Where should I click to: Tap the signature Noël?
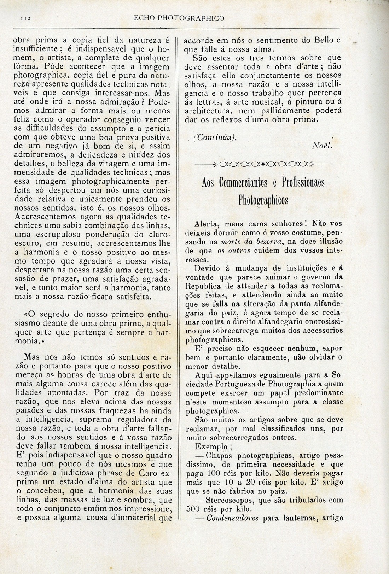point(322,146)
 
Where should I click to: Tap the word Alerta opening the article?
point(206,224)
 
